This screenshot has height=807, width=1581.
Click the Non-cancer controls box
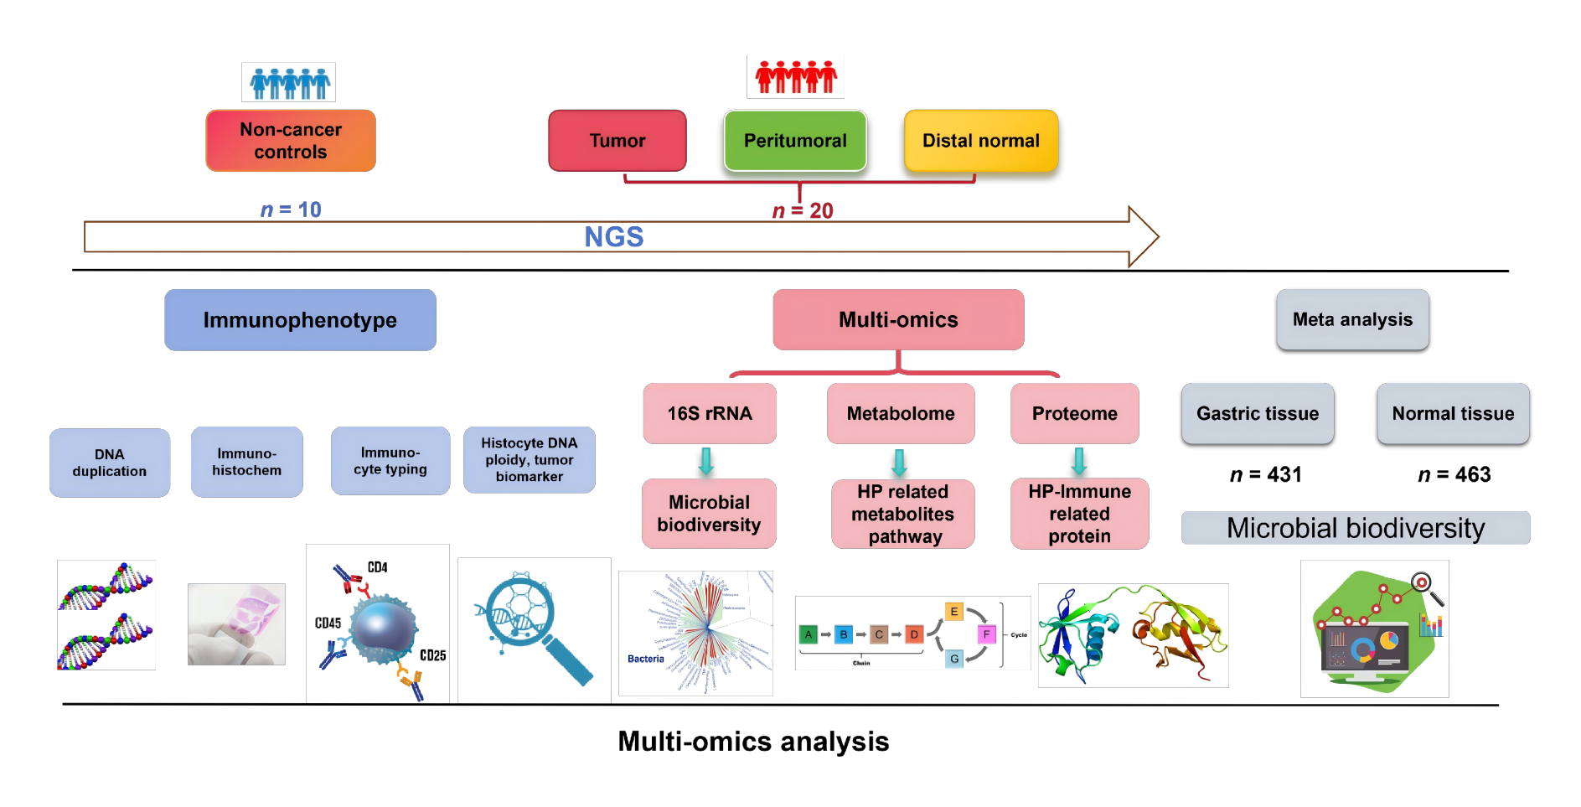click(291, 141)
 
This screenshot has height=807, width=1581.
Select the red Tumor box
click(617, 141)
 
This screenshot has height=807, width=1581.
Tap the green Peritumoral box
click(795, 141)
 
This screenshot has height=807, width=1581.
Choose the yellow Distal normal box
click(981, 141)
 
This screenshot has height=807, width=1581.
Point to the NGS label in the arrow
click(614, 237)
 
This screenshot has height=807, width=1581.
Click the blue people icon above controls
click(289, 82)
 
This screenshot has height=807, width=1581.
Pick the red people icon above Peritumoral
click(796, 77)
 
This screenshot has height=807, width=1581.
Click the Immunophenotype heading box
click(300, 320)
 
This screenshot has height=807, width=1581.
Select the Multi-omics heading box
click(898, 320)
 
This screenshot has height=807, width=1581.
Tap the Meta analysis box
click(1352, 319)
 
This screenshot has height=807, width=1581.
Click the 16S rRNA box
click(710, 413)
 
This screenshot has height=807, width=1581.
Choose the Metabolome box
click(901, 413)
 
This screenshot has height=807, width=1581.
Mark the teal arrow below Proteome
click(1079, 461)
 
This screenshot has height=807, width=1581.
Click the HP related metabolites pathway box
click(903, 514)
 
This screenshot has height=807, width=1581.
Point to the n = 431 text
click(1265, 474)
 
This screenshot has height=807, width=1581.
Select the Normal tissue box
click(1453, 413)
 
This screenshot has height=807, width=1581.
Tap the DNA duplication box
click(110, 463)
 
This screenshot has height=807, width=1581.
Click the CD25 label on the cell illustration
click(432, 655)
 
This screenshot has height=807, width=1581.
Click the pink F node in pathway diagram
click(986, 634)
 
